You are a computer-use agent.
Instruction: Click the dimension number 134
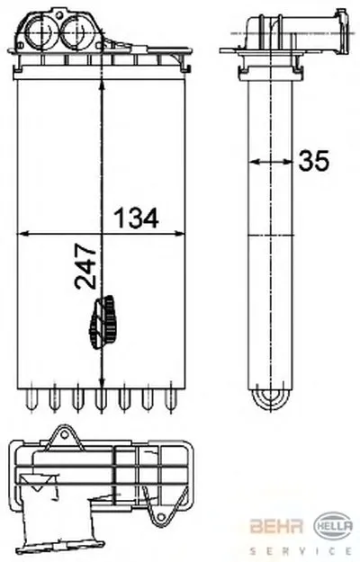136,218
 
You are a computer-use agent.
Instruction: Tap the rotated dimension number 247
85,266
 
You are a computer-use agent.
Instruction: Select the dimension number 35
314,161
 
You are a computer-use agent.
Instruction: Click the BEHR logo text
276,526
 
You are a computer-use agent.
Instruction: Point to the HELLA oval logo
333,525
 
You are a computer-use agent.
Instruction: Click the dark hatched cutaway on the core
103,322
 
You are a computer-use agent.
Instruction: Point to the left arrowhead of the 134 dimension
22,234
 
